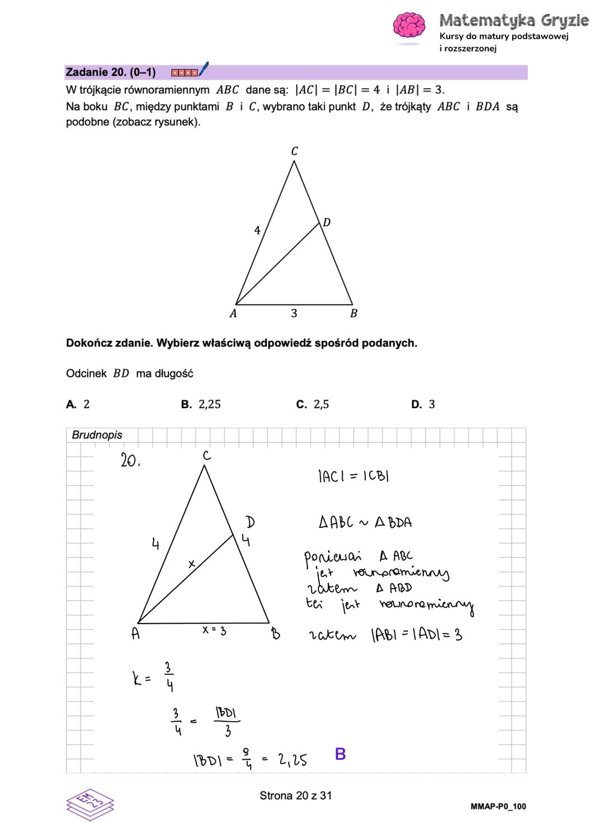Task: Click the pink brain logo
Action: [x=409, y=26]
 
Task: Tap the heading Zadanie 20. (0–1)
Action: [x=111, y=72]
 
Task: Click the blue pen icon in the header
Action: [x=204, y=69]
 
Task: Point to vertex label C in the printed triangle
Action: [x=295, y=151]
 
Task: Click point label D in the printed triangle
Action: [x=327, y=222]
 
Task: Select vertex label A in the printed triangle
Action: [x=233, y=314]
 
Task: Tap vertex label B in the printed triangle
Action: [x=353, y=314]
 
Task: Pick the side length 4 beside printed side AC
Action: [x=257, y=230]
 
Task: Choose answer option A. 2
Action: [x=78, y=404]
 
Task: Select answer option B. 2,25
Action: [x=201, y=404]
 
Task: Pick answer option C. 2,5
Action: [x=313, y=404]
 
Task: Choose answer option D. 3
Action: [x=423, y=404]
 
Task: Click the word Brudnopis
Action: [x=97, y=435]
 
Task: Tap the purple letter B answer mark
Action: [x=340, y=754]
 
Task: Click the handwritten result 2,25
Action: [x=292, y=760]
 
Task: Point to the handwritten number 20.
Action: [x=130, y=461]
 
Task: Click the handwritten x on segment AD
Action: [x=192, y=564]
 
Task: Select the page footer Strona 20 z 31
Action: [x=296, y=796]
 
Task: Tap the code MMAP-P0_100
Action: [x=498, y=806]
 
